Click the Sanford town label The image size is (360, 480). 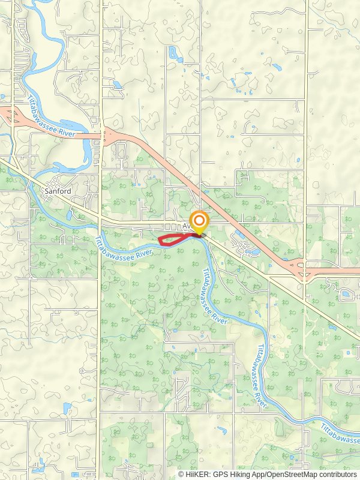click(58, 191)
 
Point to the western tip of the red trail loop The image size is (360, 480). click(159, 240)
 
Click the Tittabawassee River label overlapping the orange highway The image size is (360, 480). click(52, 116)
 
